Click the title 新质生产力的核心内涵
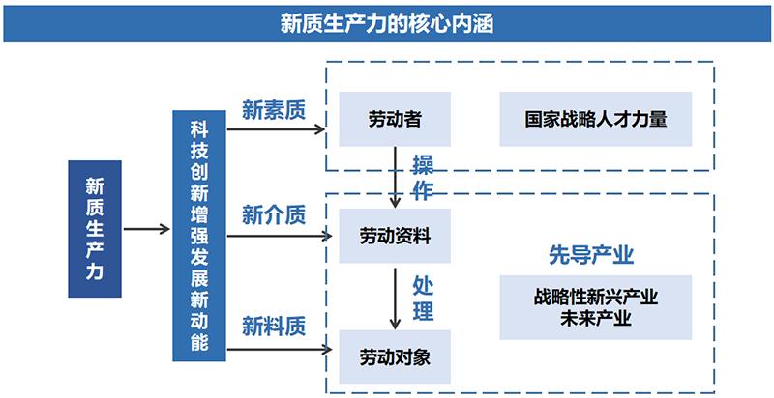386,23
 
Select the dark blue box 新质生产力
94,229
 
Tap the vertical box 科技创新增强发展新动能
198,236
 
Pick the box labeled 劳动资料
395,236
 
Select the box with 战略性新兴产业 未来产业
596,307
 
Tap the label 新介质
273,215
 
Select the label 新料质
273,324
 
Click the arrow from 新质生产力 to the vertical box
147,229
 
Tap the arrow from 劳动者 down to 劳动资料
395,177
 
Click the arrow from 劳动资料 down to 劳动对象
395,298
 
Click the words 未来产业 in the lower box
596,319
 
